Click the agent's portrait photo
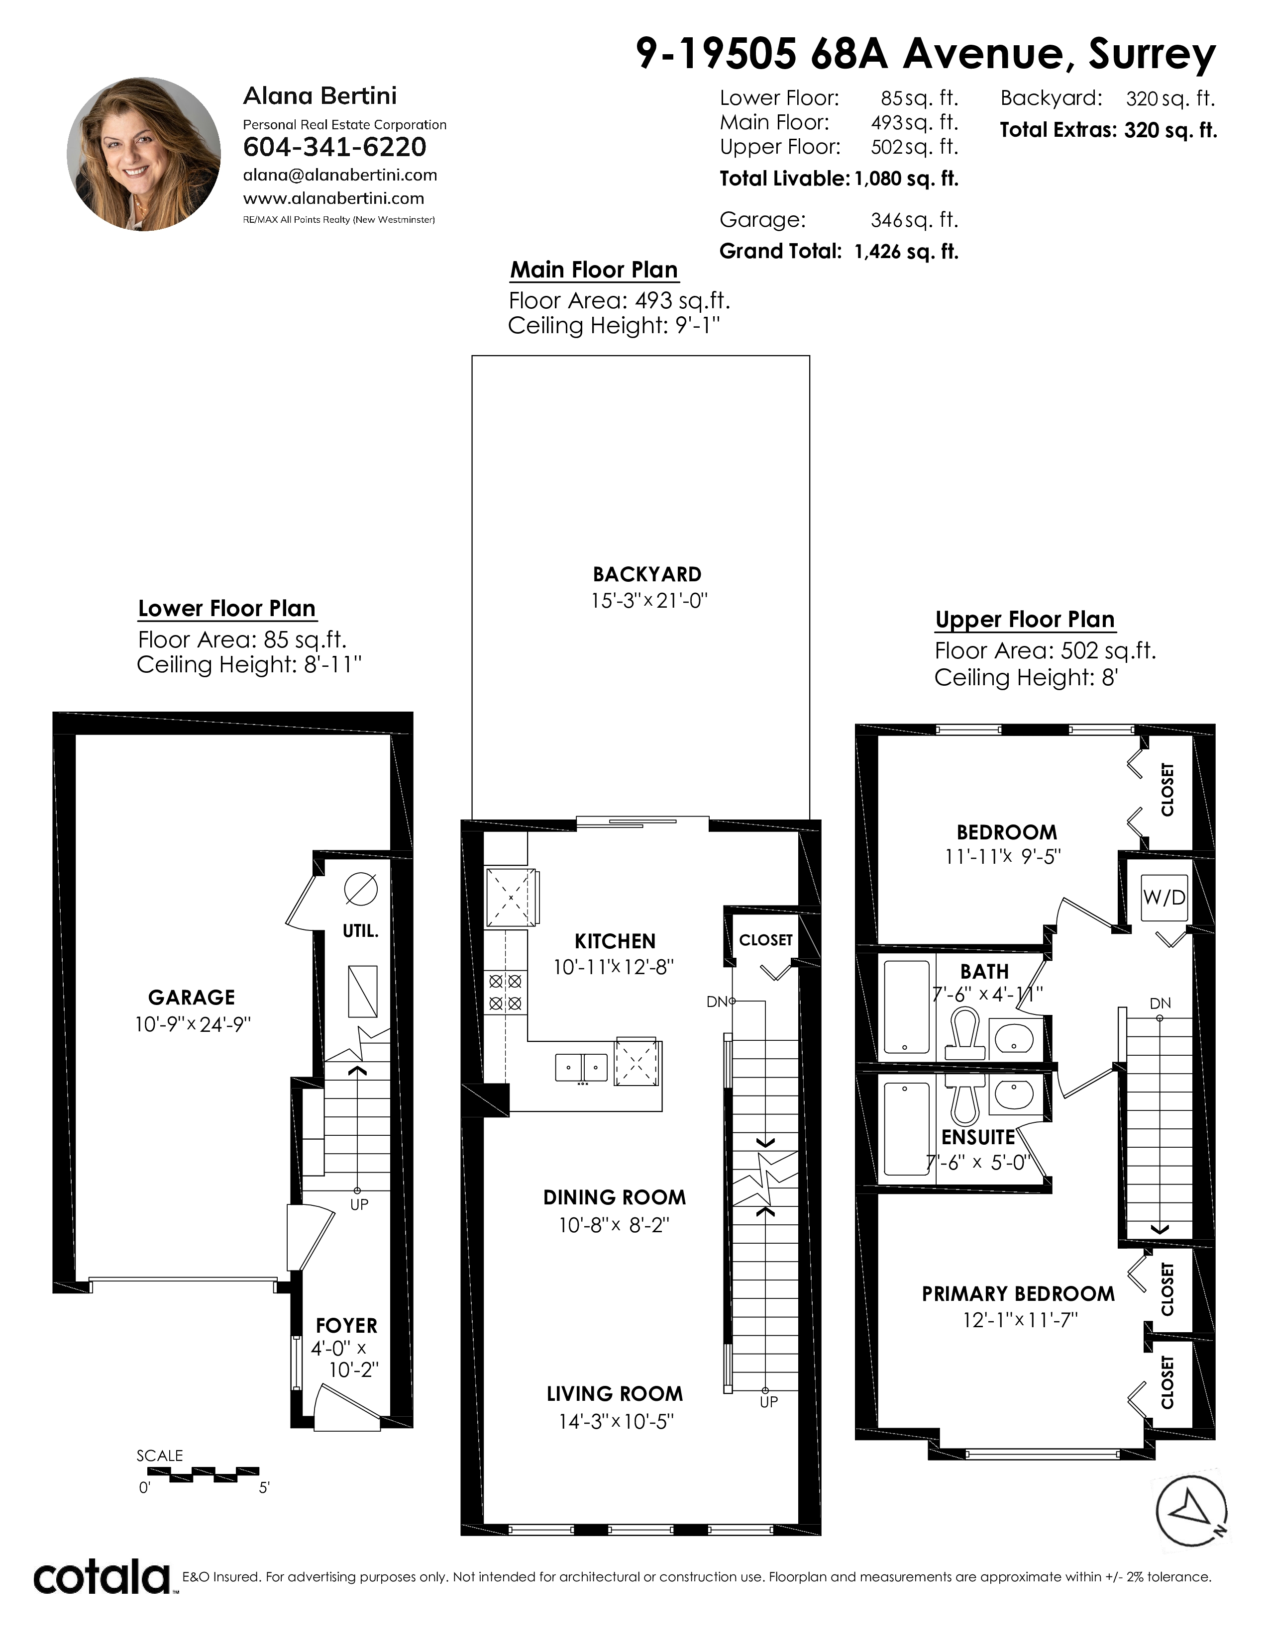[x=144, y=154]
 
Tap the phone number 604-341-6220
[x=334, y=147]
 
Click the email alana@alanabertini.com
[x=340, y=175]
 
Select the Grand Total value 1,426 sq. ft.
[x=906, y=251]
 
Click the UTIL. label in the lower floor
[x=360, y=931]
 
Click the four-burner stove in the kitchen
[x=505, y=992]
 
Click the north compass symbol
[x=1191, y=1511]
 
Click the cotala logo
[x=102, y=1577]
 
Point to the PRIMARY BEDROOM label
[x=1018, y=1294]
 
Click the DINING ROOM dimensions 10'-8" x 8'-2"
[x=614, y=1225]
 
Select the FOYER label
[x=346, y=1325]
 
